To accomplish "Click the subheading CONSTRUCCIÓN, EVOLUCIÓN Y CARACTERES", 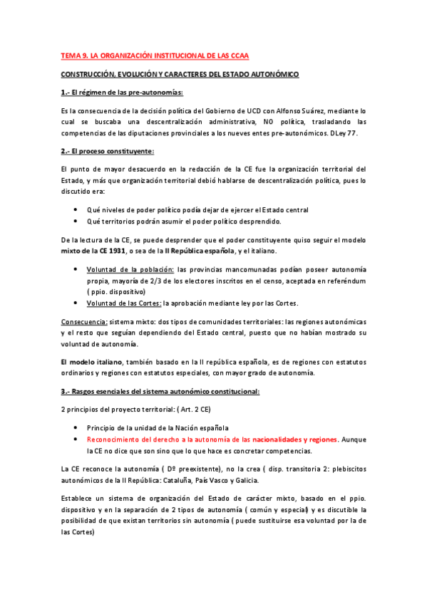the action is click(x=179, y=74).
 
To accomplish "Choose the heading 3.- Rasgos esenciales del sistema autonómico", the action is click(x=160, y=392).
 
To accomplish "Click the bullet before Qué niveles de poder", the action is click(x=76, y=210).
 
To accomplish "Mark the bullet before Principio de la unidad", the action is click(x=76, y=428).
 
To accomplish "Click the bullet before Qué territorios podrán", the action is click(x=76, y=222).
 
